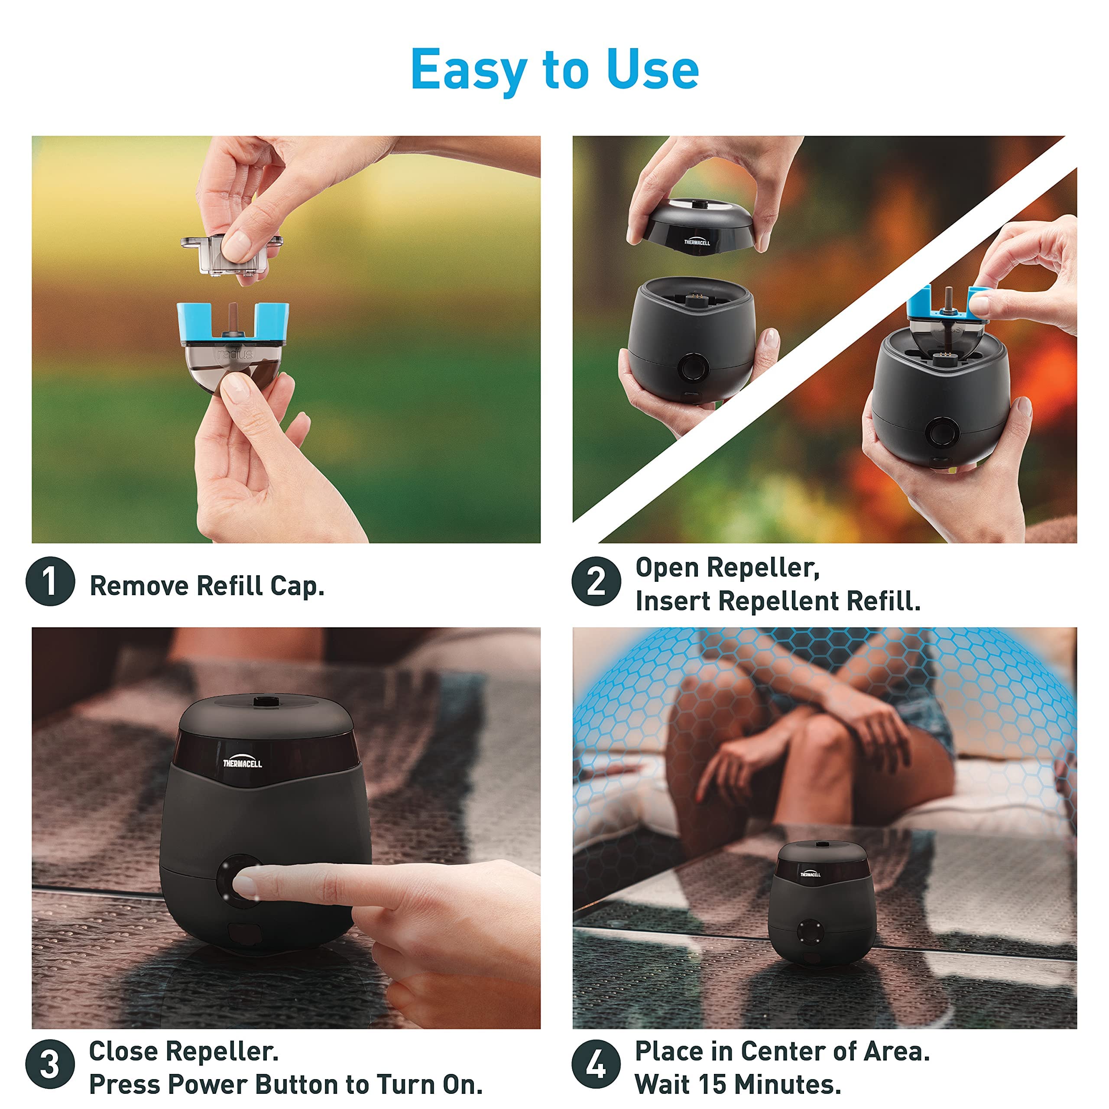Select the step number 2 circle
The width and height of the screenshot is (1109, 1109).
click(597, 581)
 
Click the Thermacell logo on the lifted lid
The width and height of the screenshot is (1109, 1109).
click(697, 242)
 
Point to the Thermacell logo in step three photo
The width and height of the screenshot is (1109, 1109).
click(242, 762)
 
